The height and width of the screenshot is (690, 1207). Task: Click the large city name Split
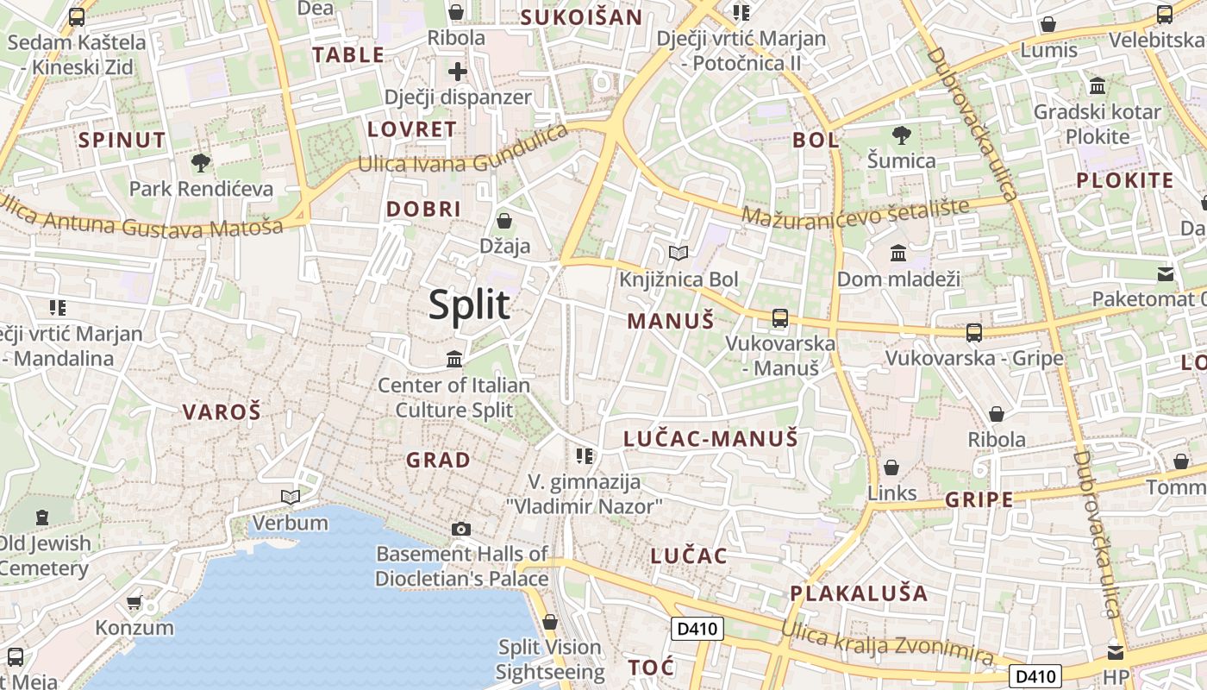469,304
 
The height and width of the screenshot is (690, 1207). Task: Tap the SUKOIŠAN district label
581,17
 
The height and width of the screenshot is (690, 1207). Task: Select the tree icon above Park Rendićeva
200,162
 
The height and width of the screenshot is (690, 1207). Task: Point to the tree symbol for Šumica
902,135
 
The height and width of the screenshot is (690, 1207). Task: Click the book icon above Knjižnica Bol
679,253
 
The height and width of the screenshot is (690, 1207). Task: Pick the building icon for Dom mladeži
898,253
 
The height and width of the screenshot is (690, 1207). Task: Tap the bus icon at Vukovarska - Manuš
780,317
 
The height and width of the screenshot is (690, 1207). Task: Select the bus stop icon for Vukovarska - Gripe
973,332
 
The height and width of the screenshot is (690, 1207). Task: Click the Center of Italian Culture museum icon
454,358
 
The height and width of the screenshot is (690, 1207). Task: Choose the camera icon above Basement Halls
461,529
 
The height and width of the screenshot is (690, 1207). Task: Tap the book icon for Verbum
291,497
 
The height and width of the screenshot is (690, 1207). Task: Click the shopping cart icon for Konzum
134,602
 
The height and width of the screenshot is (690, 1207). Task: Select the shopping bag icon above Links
891,467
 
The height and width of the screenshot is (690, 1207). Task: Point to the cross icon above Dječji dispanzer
457,71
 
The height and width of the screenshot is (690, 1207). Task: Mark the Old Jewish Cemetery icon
42,517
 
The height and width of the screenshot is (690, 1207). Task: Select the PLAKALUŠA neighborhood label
859,593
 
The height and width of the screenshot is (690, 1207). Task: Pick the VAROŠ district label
221,412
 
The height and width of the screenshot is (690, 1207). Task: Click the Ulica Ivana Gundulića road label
463,154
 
